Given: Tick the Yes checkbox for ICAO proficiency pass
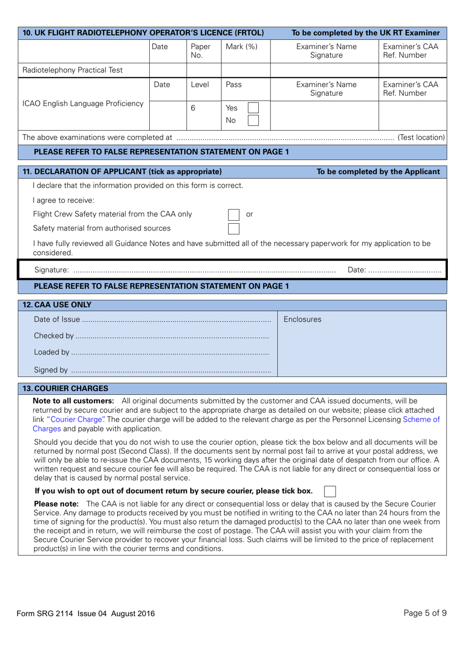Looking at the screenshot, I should pos(253,108).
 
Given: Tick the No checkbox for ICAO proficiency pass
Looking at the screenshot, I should pos(253,120).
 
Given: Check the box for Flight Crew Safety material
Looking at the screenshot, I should pos(233,214).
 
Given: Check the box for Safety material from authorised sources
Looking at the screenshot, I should pos(233,229).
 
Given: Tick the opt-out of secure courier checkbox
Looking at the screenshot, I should pos(330,491).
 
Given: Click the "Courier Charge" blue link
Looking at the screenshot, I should pos(75,420).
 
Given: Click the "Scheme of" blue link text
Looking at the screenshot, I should pos(421,420).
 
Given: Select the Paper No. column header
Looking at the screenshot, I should pos(200,51).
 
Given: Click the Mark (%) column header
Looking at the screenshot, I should pos(241,47).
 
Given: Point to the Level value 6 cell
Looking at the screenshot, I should pos(193,108).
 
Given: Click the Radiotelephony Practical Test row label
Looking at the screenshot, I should pos(72,70).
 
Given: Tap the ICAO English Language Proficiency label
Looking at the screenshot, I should pos(83,104).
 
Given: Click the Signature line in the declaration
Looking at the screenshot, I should pos(204,270).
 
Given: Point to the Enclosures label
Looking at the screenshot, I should pos(302,319).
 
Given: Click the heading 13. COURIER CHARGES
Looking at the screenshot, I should pos(66,388).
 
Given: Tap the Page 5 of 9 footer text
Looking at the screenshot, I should pos(425,613).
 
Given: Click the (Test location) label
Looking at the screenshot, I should pos(421,138).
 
